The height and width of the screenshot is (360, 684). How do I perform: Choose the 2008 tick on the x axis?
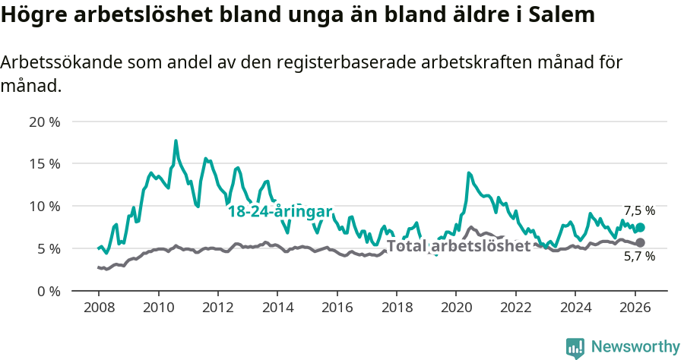(x=99, y=308)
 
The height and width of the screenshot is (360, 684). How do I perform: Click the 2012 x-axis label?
(x=217, y=308)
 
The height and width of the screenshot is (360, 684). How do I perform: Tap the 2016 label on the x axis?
(x=337, y=308)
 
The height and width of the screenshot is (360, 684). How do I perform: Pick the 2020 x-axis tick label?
(x=456, y=308)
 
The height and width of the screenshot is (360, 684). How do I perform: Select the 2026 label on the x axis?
(x=635, y=308)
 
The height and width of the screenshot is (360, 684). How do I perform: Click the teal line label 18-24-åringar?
(x=280, y=212)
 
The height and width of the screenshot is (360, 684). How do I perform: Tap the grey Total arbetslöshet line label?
(x=459, y=246)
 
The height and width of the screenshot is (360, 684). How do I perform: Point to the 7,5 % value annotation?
(x=639, y=211)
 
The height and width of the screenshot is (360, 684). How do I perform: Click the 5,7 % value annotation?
(x=639, y=257)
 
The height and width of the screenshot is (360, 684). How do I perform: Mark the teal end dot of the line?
(x=641, y=227)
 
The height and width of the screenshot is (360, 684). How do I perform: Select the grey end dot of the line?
(x=641, y=242)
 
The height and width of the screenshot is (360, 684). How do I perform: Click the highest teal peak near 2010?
(x=176, y=141)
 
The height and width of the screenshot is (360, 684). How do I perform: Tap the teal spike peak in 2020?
(x=469, y=173)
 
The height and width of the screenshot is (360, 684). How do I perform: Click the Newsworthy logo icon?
(x=575, y=347)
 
